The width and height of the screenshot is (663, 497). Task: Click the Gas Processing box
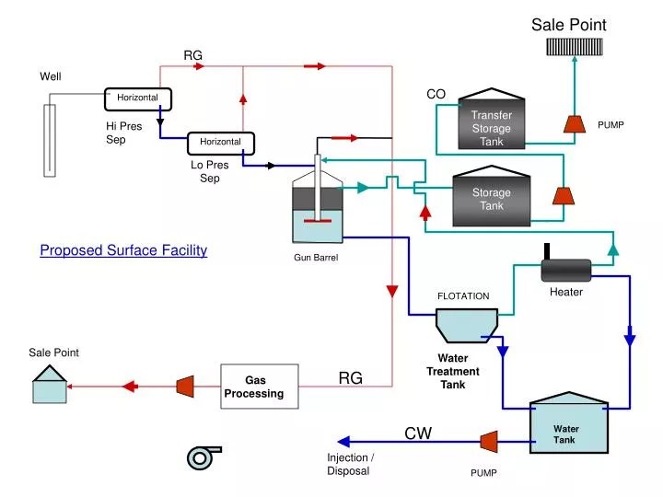click(260, 387)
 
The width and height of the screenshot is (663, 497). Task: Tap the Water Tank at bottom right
click(569, 425)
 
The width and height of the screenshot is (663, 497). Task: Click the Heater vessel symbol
click(565, 269)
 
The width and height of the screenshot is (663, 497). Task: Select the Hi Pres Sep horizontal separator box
click(138, 98)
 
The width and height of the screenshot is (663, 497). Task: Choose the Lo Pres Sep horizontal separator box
click(221, 142)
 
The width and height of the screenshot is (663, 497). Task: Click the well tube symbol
click(50, 139)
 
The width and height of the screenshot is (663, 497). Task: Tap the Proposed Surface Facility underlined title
click(123, 250)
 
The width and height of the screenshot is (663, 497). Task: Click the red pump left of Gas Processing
click(185, 387)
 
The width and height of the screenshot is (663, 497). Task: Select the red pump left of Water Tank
click(489, 442)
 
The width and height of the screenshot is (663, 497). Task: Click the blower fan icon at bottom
click(203, 457)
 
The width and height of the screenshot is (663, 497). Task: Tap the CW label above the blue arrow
click(418, 433)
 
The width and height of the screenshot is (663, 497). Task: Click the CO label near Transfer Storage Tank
click(436, 94)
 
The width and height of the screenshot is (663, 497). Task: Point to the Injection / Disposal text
click(351, 464)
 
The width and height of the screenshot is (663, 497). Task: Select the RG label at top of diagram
click(192, 56)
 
